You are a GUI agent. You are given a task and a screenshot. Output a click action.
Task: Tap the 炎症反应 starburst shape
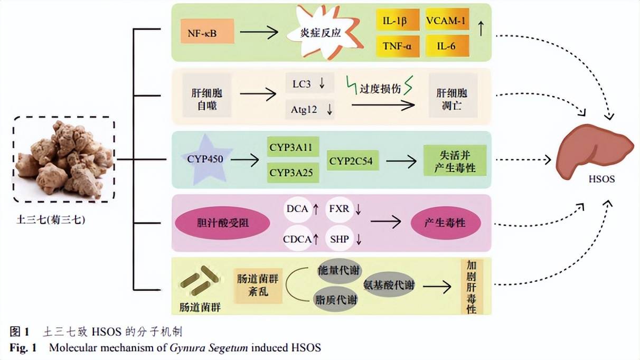[321, 33]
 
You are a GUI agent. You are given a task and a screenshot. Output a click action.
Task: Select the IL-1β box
[398, 21]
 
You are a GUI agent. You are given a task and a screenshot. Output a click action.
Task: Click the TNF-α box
[398, 46]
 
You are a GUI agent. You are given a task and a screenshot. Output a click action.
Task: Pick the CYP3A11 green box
[294, 146]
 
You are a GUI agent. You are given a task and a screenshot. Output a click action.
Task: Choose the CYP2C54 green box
[354, 159]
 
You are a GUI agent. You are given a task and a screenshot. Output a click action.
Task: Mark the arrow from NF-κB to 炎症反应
[258, 33]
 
